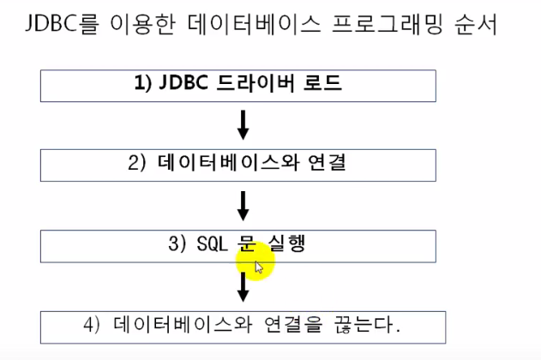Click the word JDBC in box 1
coord(183,84)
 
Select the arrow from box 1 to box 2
coord(243,125)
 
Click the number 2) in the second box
coord(141,163)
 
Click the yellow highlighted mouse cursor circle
coord(255,262)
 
